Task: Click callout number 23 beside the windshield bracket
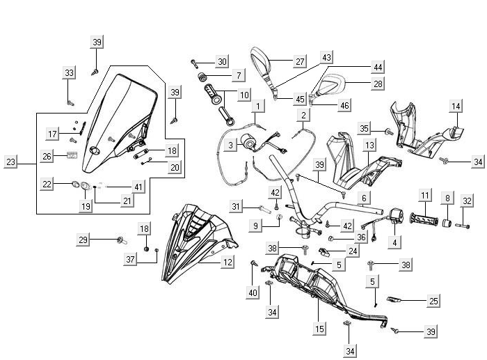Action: [10, 163]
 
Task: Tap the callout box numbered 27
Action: [300, 61]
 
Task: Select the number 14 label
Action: [456, 107]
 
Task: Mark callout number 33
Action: [70, 73]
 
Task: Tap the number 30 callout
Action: [221, 62]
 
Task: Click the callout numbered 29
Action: [83, 240]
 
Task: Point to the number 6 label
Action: [363, 198]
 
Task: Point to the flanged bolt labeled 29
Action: [121, 240]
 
